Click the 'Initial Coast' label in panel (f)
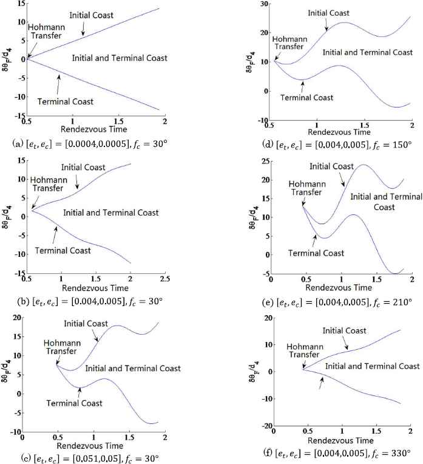(344, 331)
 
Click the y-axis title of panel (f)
(250, 371)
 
